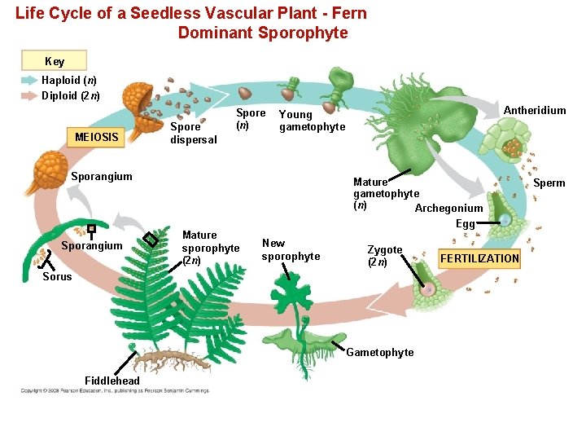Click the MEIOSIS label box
(x=96, y=137)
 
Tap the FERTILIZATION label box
(x=479, y=258)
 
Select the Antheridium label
(x=535, y=111)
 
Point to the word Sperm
(x=549, y=183)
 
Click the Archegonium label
(x=448, y=209)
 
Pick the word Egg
(x=465, y=224)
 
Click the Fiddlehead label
(x=112, y=381)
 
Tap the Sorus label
(x=57, y=276)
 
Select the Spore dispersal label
(x=193, y=133)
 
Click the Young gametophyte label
(x=312, y=121)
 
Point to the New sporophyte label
(x=291, y=249)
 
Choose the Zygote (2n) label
(x=384, y=256)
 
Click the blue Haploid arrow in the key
(x=30, y=81)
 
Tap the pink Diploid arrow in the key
(x=30, y=95)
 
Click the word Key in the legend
(x=55, y=61)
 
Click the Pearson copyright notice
(x=114, y=391)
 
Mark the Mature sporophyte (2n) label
(x=210, y=248)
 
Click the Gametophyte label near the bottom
(x=379, y=352)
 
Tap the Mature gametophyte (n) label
(x=385, y=193)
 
